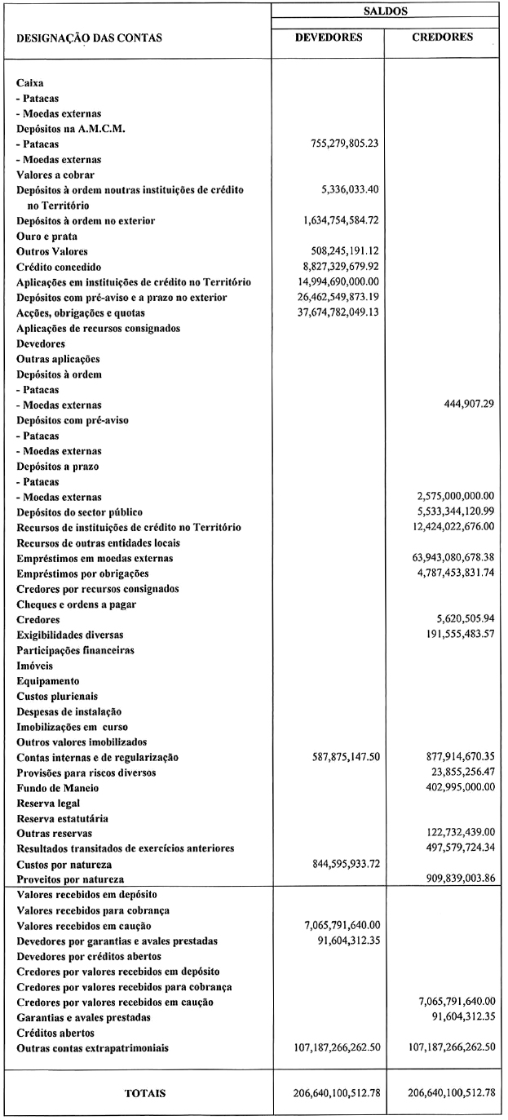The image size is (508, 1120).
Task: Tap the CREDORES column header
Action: [x=444, y=38]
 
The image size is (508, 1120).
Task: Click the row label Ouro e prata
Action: [x=47, y=236]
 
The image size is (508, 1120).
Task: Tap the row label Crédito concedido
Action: [x=64, y=267]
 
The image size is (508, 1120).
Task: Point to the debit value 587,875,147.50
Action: [x=340, y=757]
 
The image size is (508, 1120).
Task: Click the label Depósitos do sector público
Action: [x=79, y=512]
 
